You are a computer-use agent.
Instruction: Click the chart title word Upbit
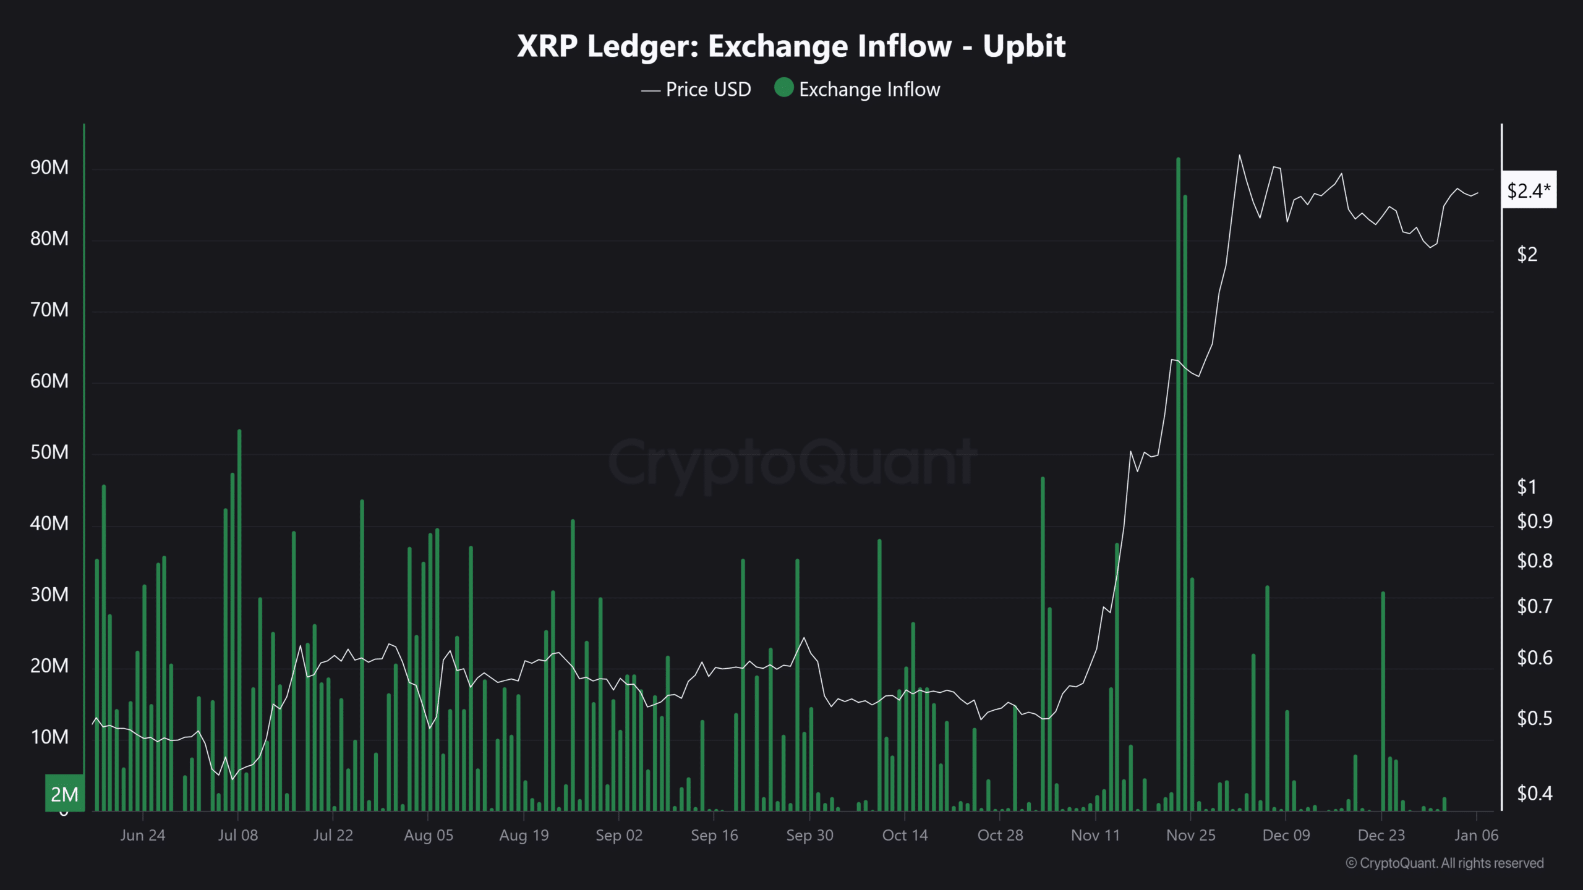click(1024, 46)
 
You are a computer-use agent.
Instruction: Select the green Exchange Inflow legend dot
click(783, 88)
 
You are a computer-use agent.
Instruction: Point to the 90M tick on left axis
click(49, 167)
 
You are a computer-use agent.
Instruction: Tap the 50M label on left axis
click(49, 452)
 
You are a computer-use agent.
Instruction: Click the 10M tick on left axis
click(49, 737)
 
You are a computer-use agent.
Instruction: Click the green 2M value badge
click(64, 794)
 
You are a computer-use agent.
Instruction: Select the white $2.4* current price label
click(1529, 190)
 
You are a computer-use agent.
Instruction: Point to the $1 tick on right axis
click(1526, 487)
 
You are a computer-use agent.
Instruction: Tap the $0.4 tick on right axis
click(1534, 793)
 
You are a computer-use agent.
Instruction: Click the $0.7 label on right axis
click(1534, 606)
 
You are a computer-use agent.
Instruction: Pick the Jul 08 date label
click(238, 836)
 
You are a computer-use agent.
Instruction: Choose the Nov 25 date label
click(1190, 836)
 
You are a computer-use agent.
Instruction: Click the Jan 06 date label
click(1476, 836)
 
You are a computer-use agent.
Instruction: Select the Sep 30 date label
click(809, 836)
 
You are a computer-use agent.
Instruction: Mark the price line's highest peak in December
click(1239, 156)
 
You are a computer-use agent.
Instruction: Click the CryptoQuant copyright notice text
click(1444, 863)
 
